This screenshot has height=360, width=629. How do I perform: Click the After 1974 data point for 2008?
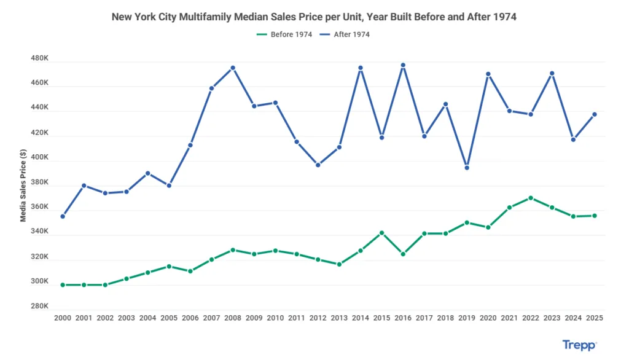(x=233, y=68)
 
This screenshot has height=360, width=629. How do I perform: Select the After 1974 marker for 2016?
(x=403, y=65)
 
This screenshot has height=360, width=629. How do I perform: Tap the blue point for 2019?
(x=467, y=168)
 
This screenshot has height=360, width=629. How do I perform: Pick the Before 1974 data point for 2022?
(x=531, y=198)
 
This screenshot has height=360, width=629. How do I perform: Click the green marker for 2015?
(x=381, y=233)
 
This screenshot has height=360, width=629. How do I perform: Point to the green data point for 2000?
(x=63, y=285)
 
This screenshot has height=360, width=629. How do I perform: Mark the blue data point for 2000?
(x=63, y=216)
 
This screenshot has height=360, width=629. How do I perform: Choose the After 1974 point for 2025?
(x=595, y=114)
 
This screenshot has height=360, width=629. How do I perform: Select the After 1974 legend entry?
(x=346, y=34)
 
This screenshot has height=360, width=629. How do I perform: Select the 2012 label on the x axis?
(x=318, y=318)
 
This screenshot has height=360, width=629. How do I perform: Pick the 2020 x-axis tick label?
(x=488, y=318)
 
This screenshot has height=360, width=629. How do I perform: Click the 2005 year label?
(x=169, y=318)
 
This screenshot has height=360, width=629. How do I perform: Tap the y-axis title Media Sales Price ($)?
(x=23, y=188)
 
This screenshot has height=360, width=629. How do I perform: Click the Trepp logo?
(x=579, y=346)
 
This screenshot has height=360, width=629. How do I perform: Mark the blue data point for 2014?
(x=361, y=68)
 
